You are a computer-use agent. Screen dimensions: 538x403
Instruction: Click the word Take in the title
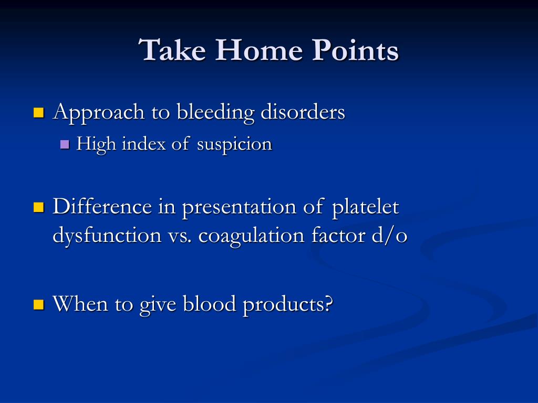[x=172, y=50]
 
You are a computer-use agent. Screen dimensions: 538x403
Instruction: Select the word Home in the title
[x=259, y=50]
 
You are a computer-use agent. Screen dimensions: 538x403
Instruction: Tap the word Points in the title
[x=356, y=50]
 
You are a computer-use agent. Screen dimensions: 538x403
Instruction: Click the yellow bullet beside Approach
[x=39, y=113]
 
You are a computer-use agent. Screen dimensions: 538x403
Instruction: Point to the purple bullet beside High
[x=65, y=144]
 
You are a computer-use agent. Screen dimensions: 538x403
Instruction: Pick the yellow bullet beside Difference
[x=39, y=207]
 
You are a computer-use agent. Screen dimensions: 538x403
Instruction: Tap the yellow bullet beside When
[x=39, y=304]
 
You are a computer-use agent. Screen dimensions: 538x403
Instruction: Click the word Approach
[x=98, y=113]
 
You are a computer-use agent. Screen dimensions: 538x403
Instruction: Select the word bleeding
[x=215, y=113]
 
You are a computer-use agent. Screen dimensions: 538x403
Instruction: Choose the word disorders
[x=303, y=112]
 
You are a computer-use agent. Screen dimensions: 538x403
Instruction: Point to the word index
[x=144, y=143]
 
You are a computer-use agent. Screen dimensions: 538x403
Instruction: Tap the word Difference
[x=102, y=207]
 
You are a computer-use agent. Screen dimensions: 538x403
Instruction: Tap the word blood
[x=209, y=304]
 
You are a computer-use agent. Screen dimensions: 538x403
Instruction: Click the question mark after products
[x=328, y=303]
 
